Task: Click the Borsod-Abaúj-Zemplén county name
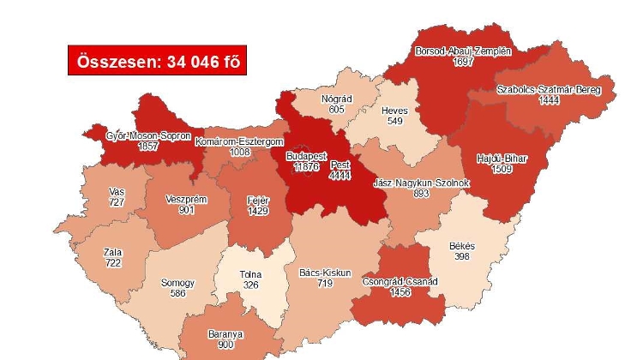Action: tap(463, 51)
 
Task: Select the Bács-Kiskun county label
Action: tap(325, 273)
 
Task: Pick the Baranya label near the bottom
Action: tap(225, 334)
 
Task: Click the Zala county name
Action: tap(112, 253)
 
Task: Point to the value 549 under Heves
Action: tap(394, 121)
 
